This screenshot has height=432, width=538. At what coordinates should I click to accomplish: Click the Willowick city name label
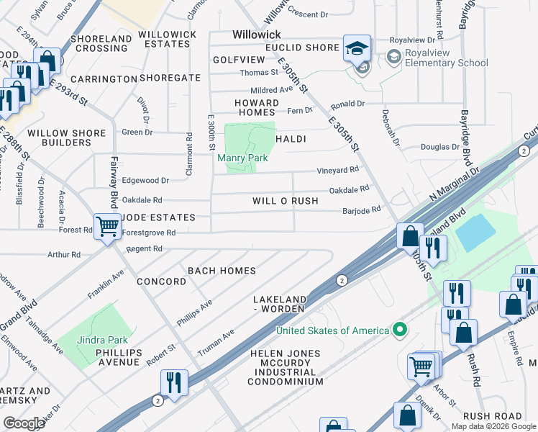(257, 35)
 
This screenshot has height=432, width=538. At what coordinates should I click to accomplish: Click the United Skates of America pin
(401, 330)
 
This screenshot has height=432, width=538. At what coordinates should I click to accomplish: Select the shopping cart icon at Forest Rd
(107, 227)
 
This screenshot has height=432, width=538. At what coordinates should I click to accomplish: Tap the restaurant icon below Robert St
(173, 382)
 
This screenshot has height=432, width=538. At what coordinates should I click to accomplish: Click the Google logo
(24, 423)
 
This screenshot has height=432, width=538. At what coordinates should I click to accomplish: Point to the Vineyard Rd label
(338, 170)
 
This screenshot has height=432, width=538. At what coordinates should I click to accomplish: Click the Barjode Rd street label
(360, 208)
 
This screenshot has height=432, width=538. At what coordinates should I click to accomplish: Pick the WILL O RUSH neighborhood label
(285, 201)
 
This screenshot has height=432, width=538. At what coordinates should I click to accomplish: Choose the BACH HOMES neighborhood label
(222, 271)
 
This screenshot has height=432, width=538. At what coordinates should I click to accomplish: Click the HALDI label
(291, 139)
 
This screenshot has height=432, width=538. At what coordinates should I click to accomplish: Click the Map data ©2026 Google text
(493, 426)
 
